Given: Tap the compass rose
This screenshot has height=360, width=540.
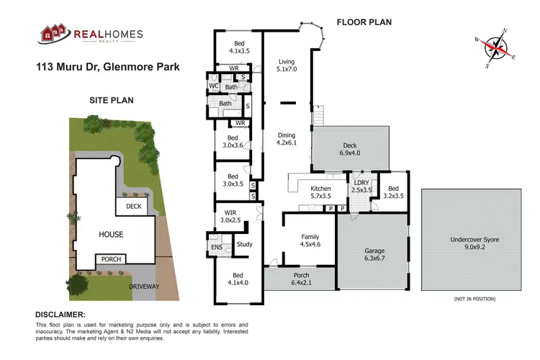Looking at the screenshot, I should [493, 47].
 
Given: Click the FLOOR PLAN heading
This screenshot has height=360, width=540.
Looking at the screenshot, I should [364, 22].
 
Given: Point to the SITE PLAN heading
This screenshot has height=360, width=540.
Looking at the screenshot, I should [112, 101].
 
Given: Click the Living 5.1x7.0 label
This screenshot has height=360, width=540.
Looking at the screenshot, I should [287, 66].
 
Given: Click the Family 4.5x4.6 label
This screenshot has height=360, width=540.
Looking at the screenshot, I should [309, 240].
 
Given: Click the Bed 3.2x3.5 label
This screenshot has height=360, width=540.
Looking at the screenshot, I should [393, 191].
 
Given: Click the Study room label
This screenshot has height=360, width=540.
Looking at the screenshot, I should [245, 245].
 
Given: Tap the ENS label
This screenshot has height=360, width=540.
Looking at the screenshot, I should [217, 247].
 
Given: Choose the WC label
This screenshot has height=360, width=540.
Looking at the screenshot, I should [214, 86].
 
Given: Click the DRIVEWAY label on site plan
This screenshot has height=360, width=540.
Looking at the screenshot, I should [144, 287].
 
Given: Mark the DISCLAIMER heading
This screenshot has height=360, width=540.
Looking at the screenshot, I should [60, 315].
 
